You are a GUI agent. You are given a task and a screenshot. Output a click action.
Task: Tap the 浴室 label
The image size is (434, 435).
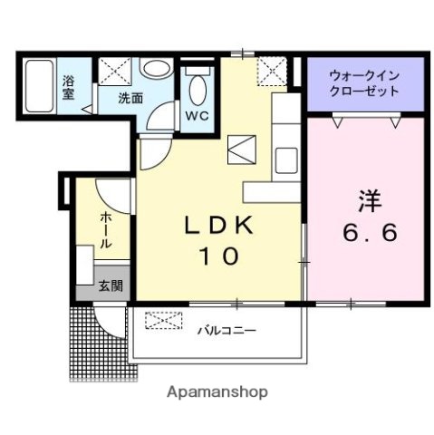tap(69, 87)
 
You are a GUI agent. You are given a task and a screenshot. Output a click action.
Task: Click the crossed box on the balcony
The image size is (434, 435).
tap(164, 321)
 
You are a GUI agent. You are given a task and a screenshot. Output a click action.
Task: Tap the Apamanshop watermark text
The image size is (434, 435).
tap(217, 392)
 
